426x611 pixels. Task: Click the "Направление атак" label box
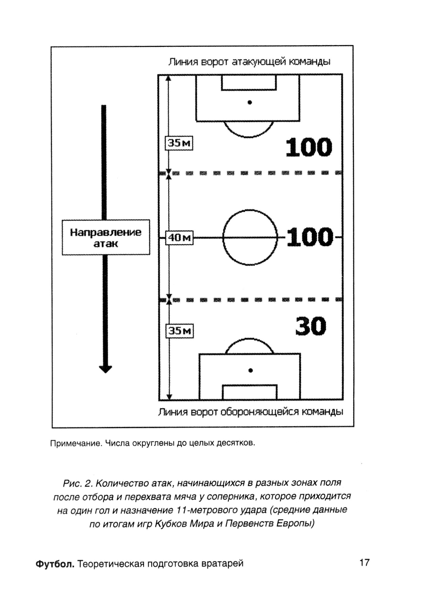tap(106, 238)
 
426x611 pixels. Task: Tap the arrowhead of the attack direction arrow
tap(105, 368)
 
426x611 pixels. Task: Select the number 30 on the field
tap(311, 327)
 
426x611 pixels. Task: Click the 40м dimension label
tap(179, 238)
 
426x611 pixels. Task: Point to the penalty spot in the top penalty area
tap(250, 102)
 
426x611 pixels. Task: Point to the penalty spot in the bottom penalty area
tap(250, 370)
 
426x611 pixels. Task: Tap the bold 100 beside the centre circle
tap(310, 238)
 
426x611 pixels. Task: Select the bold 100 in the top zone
tap(309, 147)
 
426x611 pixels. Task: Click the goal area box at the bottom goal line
tap(250, 392)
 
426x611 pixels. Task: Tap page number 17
tap(365, 562)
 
